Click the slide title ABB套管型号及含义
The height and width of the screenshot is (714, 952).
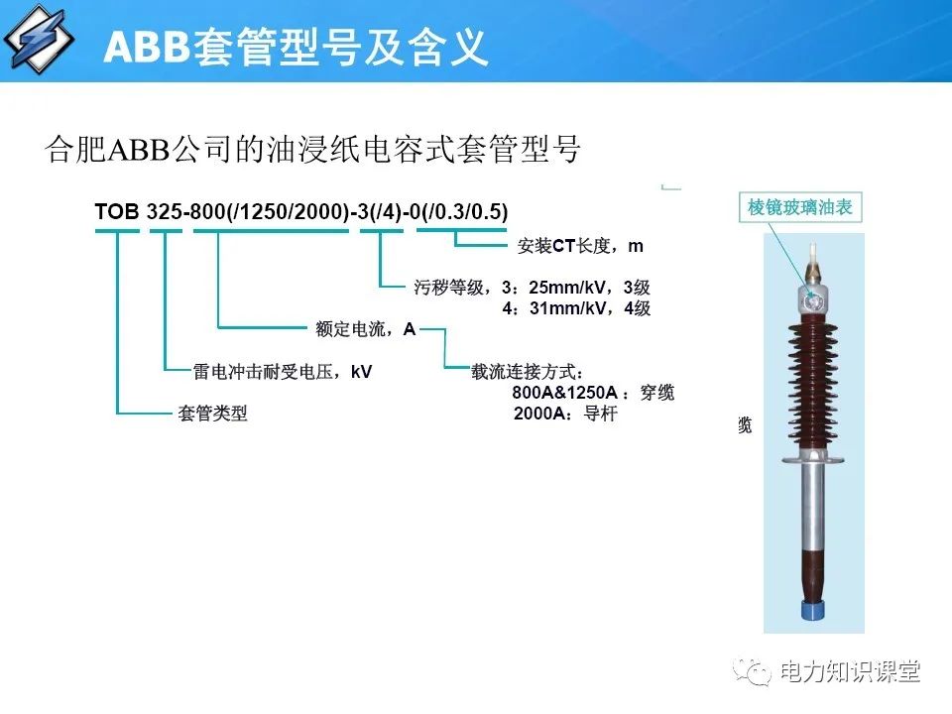tap(296, 46)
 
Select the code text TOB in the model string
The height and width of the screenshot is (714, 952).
tap(117, 211)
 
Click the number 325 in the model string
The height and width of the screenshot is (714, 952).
tap(163, 211)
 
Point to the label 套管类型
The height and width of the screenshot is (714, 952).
tap(212, 414)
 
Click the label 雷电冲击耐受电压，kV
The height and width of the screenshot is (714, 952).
tap(283, 372)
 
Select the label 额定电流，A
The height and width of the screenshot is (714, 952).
tap(365, 328)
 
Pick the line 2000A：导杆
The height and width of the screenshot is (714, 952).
tap(565, 414)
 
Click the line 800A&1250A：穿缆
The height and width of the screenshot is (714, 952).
tap(593, 393)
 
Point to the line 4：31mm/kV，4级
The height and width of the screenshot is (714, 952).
tap(576, 308)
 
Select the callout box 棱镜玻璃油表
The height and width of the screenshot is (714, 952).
tap(800, 208)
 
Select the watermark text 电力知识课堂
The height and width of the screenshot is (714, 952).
tap(850, 672)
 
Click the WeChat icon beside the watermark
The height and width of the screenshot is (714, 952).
tap(756, 672)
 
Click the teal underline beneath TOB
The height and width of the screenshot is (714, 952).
tap(117, 231)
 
